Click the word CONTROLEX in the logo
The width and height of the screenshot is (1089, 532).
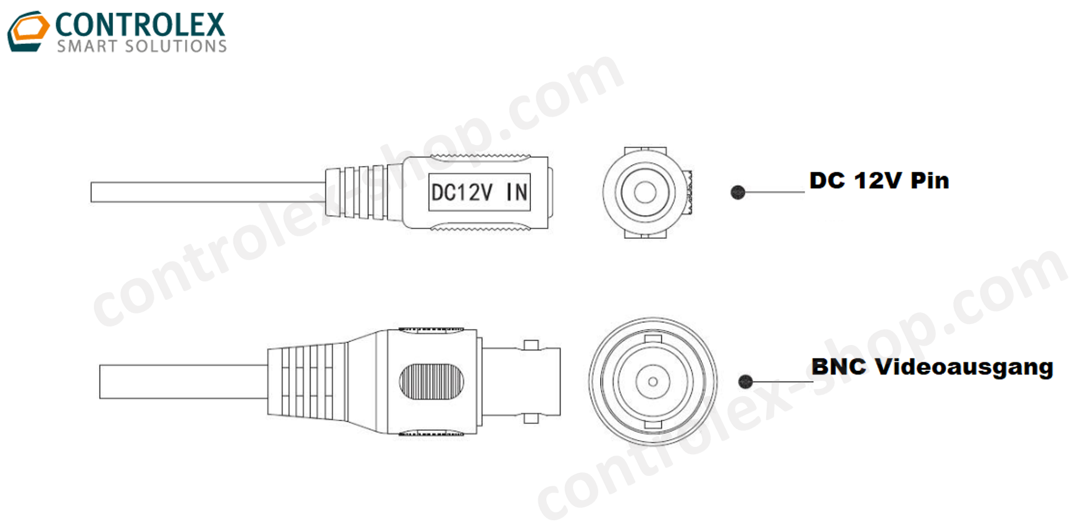click(140, 25)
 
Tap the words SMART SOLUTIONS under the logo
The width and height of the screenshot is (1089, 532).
click(142, 46)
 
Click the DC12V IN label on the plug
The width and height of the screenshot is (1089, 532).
click(479, 193)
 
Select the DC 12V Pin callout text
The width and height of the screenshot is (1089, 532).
click(878, 181)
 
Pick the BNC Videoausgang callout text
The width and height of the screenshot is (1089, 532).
click(932, 367)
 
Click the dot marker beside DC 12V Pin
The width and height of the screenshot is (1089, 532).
click(738, 193)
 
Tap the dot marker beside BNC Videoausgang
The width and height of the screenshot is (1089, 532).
click(746, 381)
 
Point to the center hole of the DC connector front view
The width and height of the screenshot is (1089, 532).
click(645, 193)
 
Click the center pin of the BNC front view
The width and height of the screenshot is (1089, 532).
click(653, 381)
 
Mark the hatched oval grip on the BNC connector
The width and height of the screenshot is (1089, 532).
click(431, 381)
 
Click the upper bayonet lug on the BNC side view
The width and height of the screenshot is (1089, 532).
click(531, 345)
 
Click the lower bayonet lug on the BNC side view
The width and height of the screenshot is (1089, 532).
click(531, 418)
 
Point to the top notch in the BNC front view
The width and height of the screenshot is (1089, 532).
click(653, 339)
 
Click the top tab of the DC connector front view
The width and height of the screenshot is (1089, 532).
click(645, 151)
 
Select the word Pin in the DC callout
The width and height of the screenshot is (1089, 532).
click(930, 181)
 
